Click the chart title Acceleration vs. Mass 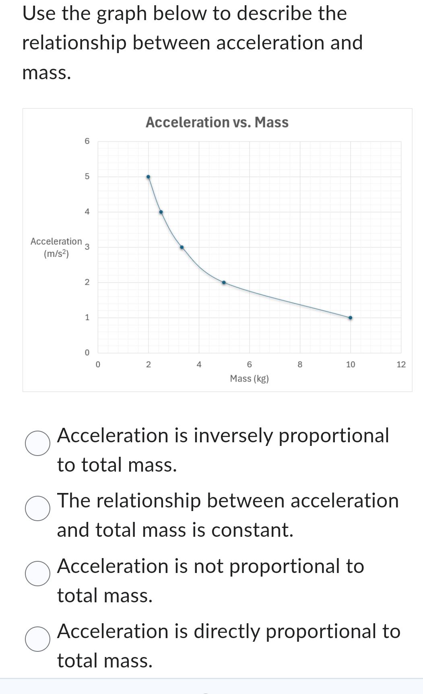pyautogui.click(x=217, y=122)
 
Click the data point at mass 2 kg pyautogui.click(x=148, y=177)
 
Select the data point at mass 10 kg pyautogui.click(x=350, y=318)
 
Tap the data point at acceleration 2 pyautogui.click(x=224, y=282)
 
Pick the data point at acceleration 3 pyautogui.click(x=182, y=247)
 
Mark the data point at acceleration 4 pyautogui.click(x=161, y=212)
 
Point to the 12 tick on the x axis pyautogui.click(x=401, y=365)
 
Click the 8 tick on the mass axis pyautogui.click(x=300, y=365)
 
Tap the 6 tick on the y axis pyautogui.click(x=87, y=141)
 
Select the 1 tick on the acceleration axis pyautogui.click(x=87, y=318)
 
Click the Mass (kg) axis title pyautogui.click(x=249, y=378)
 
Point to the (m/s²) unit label pyautogui.click(x=56, y=254)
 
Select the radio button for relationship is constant pyautogui.click(x=38, y=508)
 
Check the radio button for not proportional pyautogui.click(x=38, y=573)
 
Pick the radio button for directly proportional pyautogui.click(x=38, y=639)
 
